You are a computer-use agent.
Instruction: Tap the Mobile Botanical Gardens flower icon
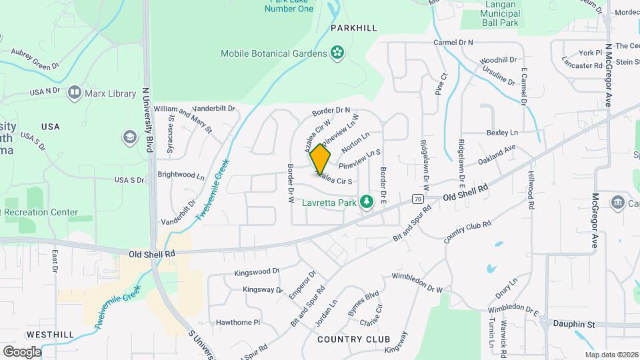338,53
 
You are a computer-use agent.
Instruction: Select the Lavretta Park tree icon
365,201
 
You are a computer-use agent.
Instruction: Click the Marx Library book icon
75,93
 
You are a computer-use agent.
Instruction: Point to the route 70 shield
417,199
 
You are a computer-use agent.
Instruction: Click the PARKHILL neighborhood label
354,28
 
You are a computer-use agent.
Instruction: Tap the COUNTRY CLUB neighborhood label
353,339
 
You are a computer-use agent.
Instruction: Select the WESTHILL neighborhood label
51,334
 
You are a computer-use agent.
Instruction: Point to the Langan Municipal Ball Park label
509,14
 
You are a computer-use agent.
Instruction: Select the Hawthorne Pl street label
238,322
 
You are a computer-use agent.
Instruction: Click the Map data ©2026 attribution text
611,355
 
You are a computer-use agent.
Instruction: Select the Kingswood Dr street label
257,273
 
